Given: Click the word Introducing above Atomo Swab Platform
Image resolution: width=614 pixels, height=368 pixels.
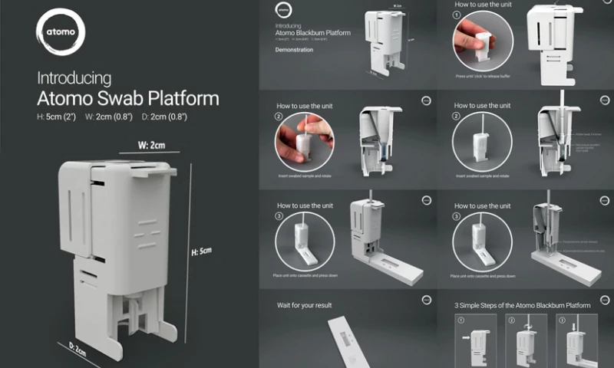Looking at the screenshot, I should tap(74, 78).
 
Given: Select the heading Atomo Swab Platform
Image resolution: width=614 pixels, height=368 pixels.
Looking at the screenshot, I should tap(128, 98).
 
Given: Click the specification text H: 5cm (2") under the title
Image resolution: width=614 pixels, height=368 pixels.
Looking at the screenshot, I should tap(60, 117).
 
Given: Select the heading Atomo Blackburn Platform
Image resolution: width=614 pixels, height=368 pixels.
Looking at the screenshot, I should tap(312, 34).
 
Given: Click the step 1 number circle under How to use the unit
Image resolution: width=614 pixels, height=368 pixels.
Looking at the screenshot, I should tap(460, 15).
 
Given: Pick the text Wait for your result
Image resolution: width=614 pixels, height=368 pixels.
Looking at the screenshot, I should tap(305, 305).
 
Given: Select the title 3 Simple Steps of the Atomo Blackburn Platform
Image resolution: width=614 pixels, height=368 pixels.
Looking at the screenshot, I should tap(522, 305).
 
